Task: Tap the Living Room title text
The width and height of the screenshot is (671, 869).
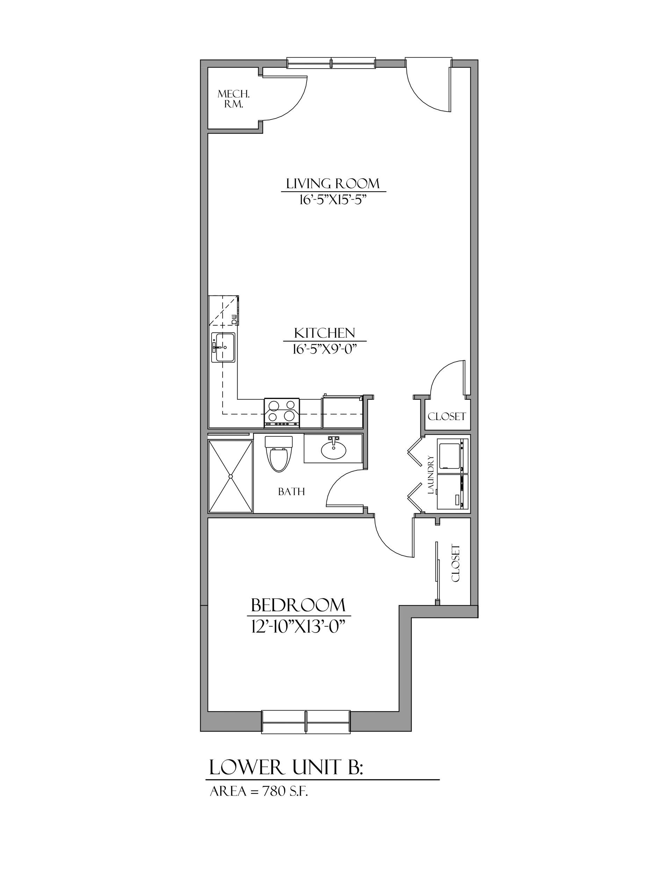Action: click(x=333, y=184)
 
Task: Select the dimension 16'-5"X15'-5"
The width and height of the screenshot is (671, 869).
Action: click(x=333, y=199)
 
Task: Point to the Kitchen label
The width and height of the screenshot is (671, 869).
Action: click(x=324, y=333)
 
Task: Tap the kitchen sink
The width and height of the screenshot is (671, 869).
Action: click(x=223, y=348)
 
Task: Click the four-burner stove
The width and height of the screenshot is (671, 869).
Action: click(x=282, y=412)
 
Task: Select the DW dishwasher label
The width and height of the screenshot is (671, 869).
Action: click(x=234, y=319)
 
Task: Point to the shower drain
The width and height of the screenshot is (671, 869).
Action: click(x=230, y=476)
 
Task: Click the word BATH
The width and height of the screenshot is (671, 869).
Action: click(x=291, y=492)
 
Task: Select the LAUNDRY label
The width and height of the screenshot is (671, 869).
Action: click(x=430, y=475)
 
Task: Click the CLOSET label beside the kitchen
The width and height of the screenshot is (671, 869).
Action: click(x=447, y=416)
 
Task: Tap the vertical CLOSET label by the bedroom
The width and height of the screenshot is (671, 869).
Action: click(x=456, y=563)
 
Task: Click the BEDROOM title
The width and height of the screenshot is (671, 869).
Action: click(x=298, y=606)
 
